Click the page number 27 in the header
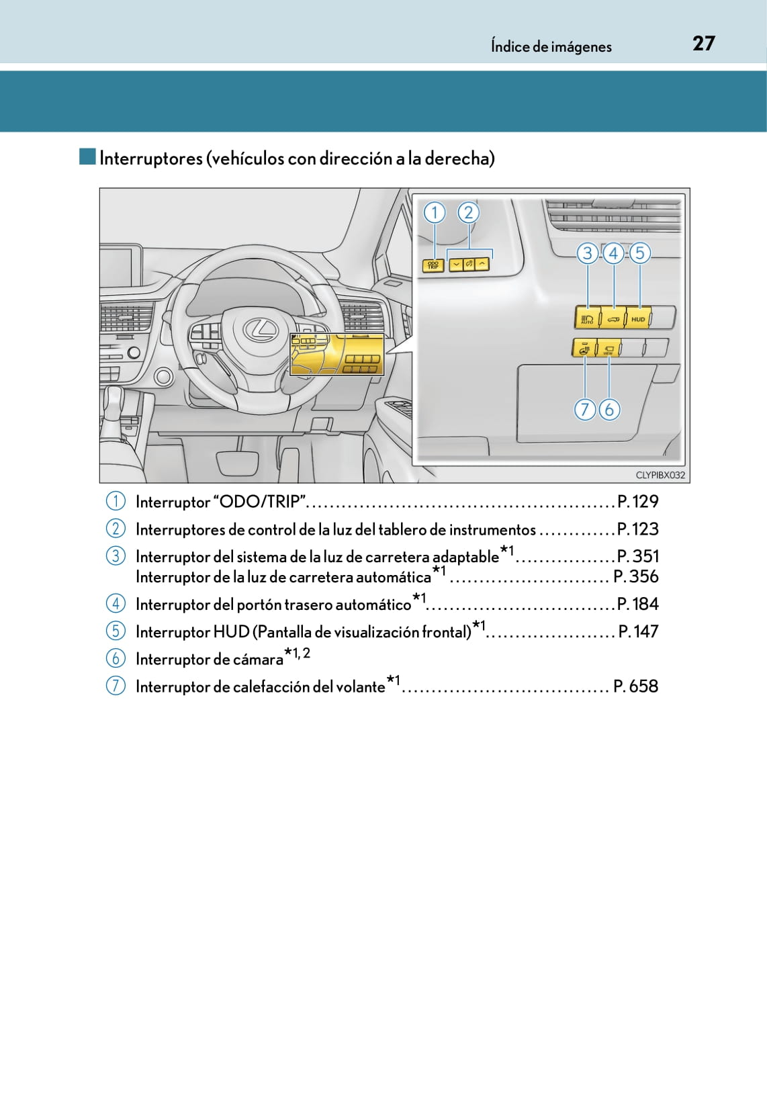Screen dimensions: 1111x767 click(703, 44)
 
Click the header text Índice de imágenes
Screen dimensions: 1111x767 click(551, 46)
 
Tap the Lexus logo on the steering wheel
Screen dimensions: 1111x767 click(260, 328)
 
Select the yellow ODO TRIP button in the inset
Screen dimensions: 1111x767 click(433, 265)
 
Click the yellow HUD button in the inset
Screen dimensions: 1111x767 click(638, 318)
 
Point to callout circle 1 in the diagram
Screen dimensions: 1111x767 click(435, 213)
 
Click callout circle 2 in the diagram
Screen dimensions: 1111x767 click(468, 213)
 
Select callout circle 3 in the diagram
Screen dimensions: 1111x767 click(588, 253)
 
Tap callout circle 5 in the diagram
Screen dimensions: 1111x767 click(639, 253)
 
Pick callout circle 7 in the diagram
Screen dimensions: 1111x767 click(585, 409)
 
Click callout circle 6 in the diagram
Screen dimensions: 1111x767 click(609, 409)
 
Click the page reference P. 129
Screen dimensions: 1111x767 click(637, 502)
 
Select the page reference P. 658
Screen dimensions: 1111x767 click(635, 686)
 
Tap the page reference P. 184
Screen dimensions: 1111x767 click(637, 604)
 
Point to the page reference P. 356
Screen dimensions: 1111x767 click(635, 576)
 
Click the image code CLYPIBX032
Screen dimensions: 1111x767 click(660, 475)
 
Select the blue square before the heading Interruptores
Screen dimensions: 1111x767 click(87, 157)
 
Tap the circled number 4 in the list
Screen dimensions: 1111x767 click(116, 604)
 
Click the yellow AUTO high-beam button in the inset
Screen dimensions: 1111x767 click(586, 318)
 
